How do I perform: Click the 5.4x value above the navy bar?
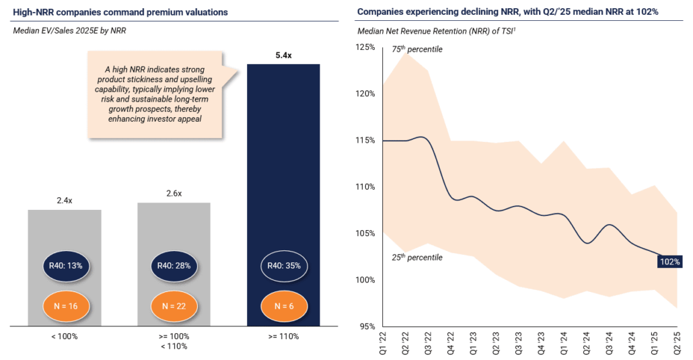(x=283, y=55)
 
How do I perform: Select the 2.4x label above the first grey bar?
(x=65, y=200)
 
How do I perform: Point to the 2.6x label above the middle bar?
(x=174, y=193)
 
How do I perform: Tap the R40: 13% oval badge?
(x=65, y=265)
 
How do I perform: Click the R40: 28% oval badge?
(x=174, y=265)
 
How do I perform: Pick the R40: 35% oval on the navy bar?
(x=283, y=265)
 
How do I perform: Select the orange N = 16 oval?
(x=65, y=305)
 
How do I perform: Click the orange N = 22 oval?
(x=174, y=305)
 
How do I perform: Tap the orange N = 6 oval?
(x=283, y=305)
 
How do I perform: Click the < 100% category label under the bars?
(x=65, y=336)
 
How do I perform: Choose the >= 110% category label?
(x=283, y=336)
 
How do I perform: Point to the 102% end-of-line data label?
(x=670, y=262)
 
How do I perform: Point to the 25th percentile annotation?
(x=417, y=257)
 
